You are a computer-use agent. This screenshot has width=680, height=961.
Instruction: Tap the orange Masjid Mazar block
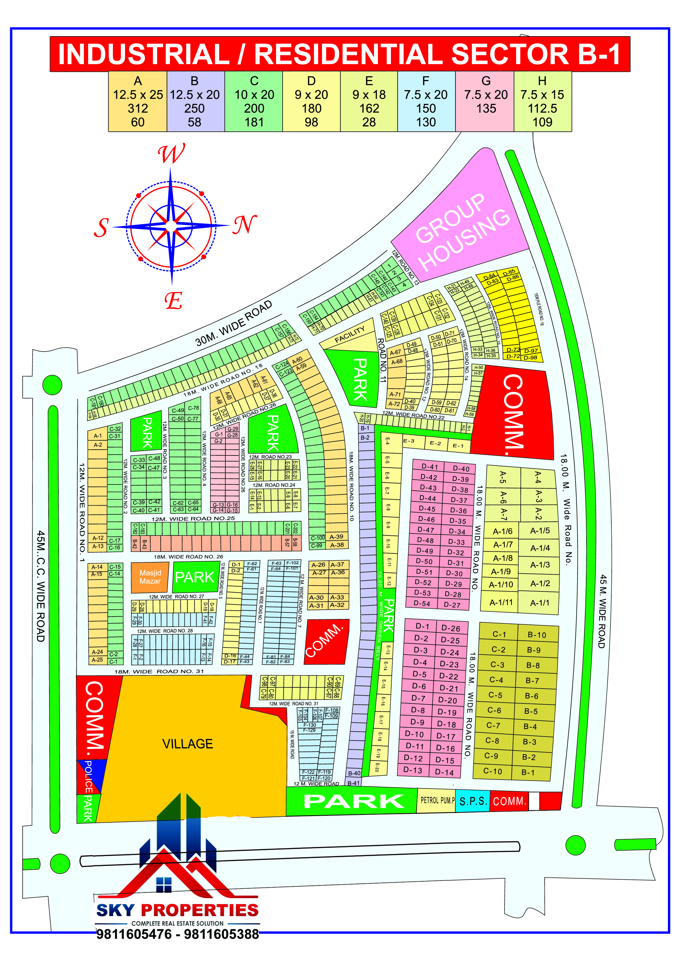(x=150, y=577)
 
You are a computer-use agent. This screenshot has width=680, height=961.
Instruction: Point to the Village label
(x=188, y=744)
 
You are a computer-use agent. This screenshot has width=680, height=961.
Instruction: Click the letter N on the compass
(x=245, y=225)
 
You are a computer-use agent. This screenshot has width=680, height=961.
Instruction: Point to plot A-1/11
(x=501, y=602)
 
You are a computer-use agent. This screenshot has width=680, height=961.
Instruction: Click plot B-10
(x=537, y=635)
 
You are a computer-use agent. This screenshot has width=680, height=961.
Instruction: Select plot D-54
(x=422, y=603)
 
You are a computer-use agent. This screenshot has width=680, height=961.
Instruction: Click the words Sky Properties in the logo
(x=177, y=910)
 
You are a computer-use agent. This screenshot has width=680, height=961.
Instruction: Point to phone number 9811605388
(x=222, y=934)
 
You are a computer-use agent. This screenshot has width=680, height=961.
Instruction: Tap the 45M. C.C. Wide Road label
(x=40, y=586)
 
